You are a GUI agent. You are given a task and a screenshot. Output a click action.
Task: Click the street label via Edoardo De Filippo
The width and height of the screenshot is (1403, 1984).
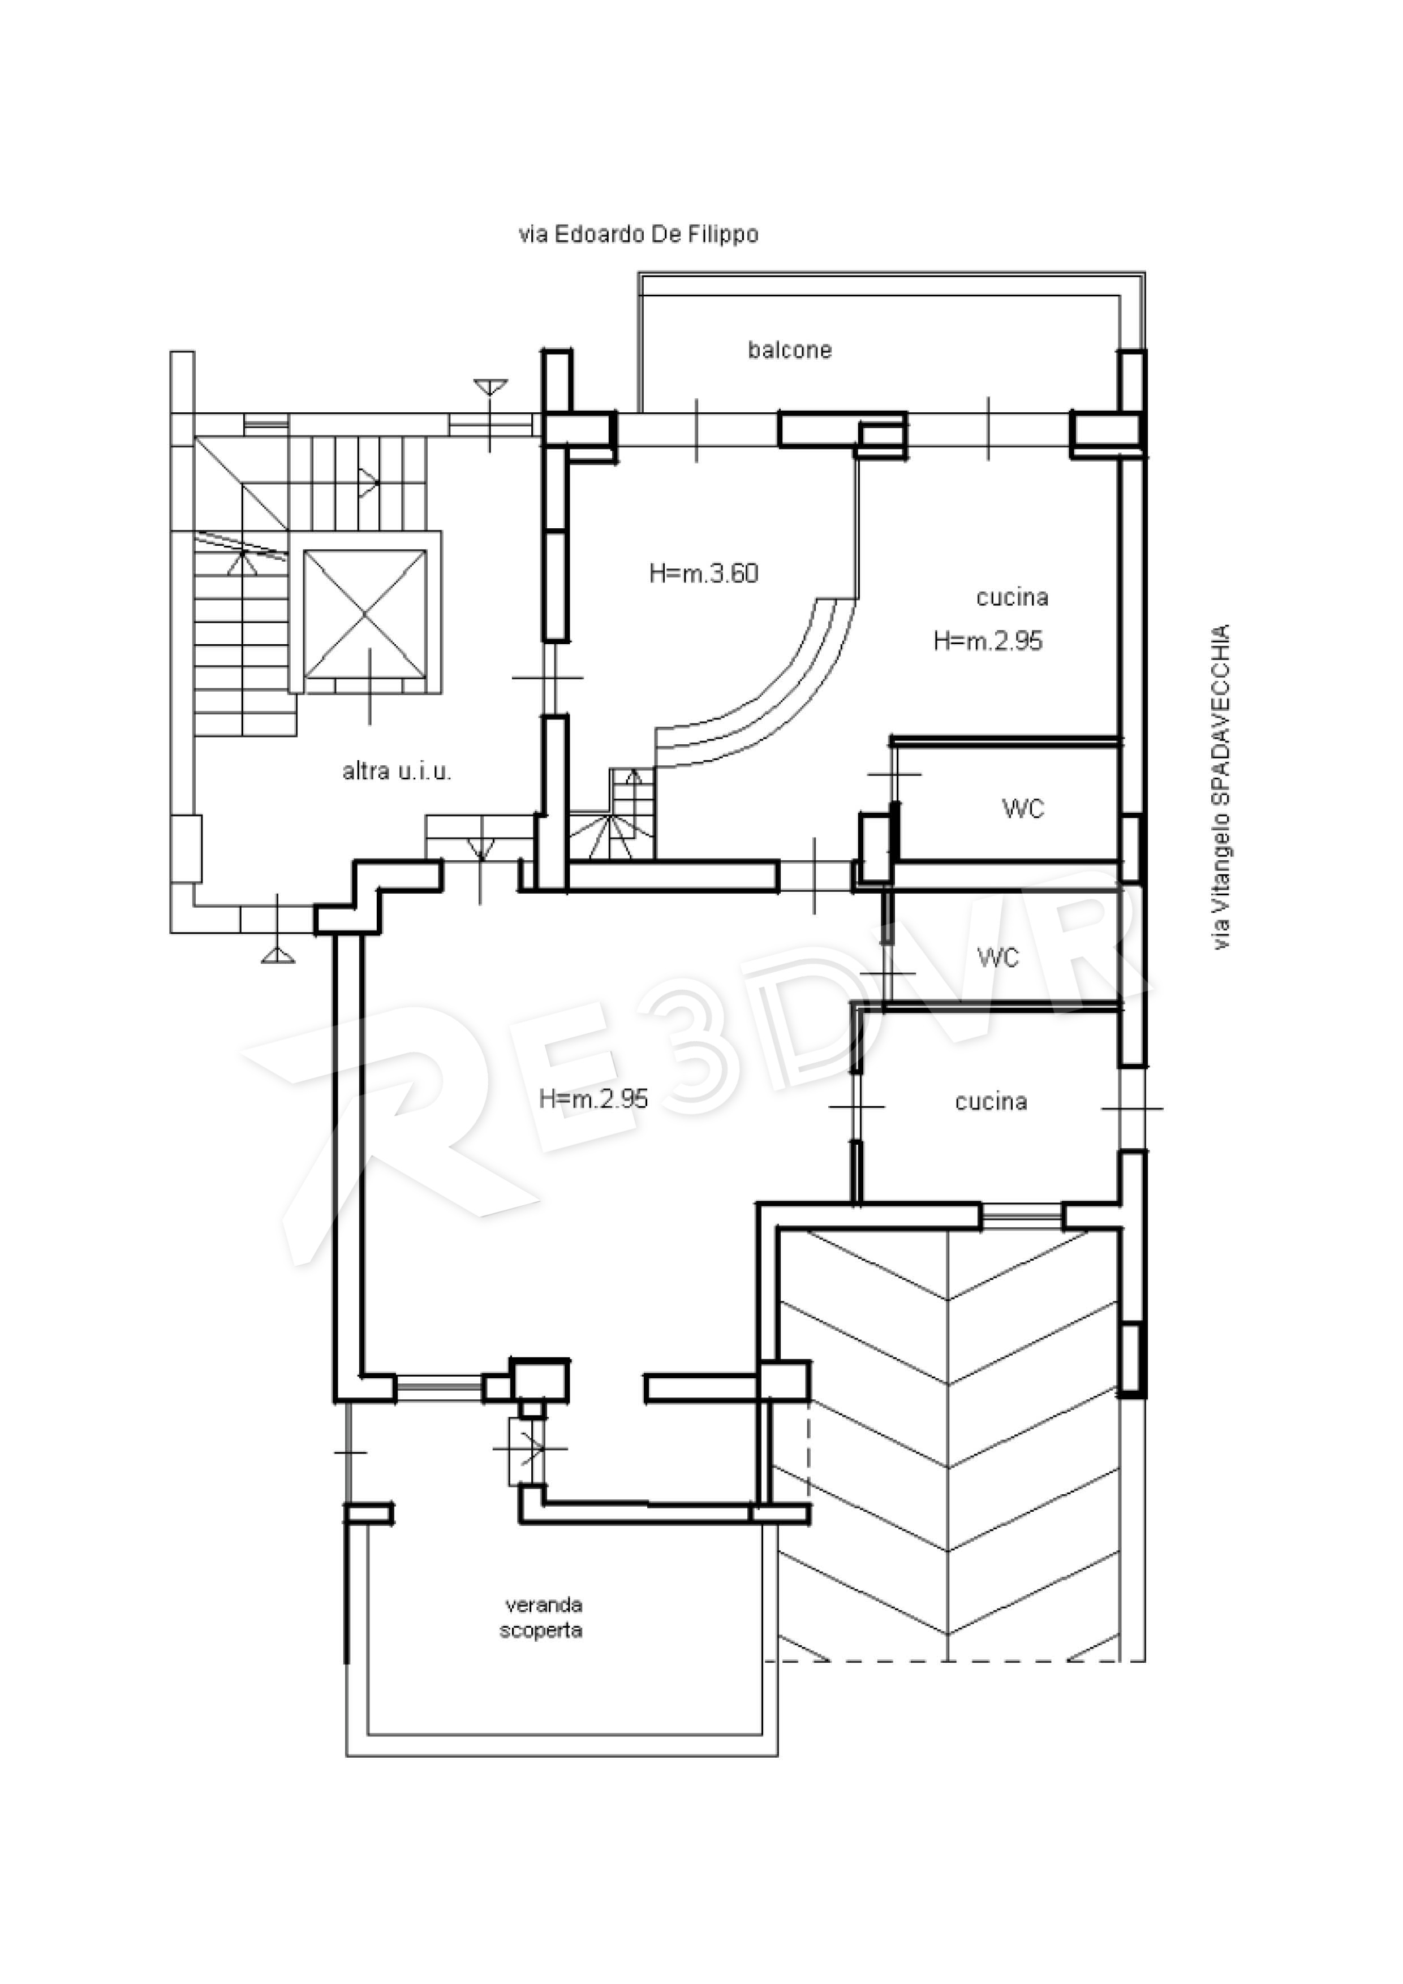pyautogui.click(x=638, y=234)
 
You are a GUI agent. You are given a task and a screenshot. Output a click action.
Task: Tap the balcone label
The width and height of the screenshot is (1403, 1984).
pyautogui.click(x=789, y=350)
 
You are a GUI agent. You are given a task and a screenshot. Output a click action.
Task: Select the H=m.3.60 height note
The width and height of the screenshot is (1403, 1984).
pyautogui.click(x=704, y=574)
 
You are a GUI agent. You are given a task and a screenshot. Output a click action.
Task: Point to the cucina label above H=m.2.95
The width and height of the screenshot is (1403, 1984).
pyautogui.click(x=1012, y=597)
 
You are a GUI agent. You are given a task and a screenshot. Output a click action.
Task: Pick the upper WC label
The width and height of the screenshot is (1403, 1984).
pyautogui.click(x=1023, y=809)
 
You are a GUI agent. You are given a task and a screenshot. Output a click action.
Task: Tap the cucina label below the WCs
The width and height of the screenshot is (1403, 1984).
pyautogui.click(x=991, y=1102)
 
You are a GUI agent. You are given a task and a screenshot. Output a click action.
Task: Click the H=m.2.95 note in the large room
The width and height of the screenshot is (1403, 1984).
pyautogui.click(x=593, y=1098)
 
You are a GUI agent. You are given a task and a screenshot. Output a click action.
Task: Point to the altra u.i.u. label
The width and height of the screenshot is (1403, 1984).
pyautogui.click(x=397, y=771)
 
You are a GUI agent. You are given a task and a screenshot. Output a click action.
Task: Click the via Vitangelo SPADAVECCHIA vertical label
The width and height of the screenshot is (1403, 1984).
pyautogui.click(x=1220, y=787)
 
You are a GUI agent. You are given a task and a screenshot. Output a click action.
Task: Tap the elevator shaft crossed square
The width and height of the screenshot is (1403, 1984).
pyautogui.click(x=365, y=614)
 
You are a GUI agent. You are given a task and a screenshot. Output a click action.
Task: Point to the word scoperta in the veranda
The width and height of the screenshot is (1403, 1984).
pyautogui.click(x=541, y=1631)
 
